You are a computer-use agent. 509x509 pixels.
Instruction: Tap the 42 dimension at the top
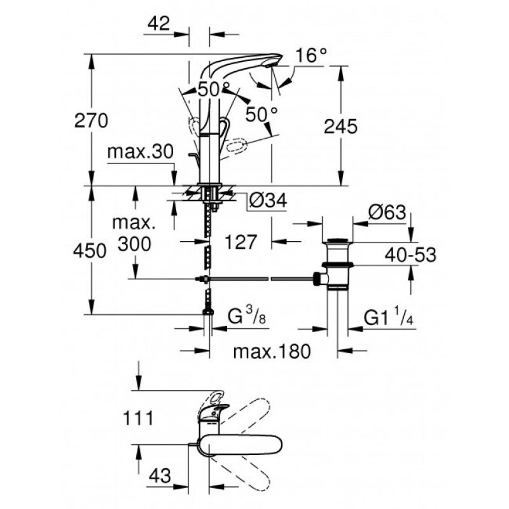pos(159,24)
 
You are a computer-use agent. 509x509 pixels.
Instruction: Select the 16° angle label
pos(310,55)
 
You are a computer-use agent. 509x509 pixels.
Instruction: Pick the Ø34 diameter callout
pos(267,202)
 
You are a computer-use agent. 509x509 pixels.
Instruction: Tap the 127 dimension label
pos(241,242)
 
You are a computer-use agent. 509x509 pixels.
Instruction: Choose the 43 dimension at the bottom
pos(162,475)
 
